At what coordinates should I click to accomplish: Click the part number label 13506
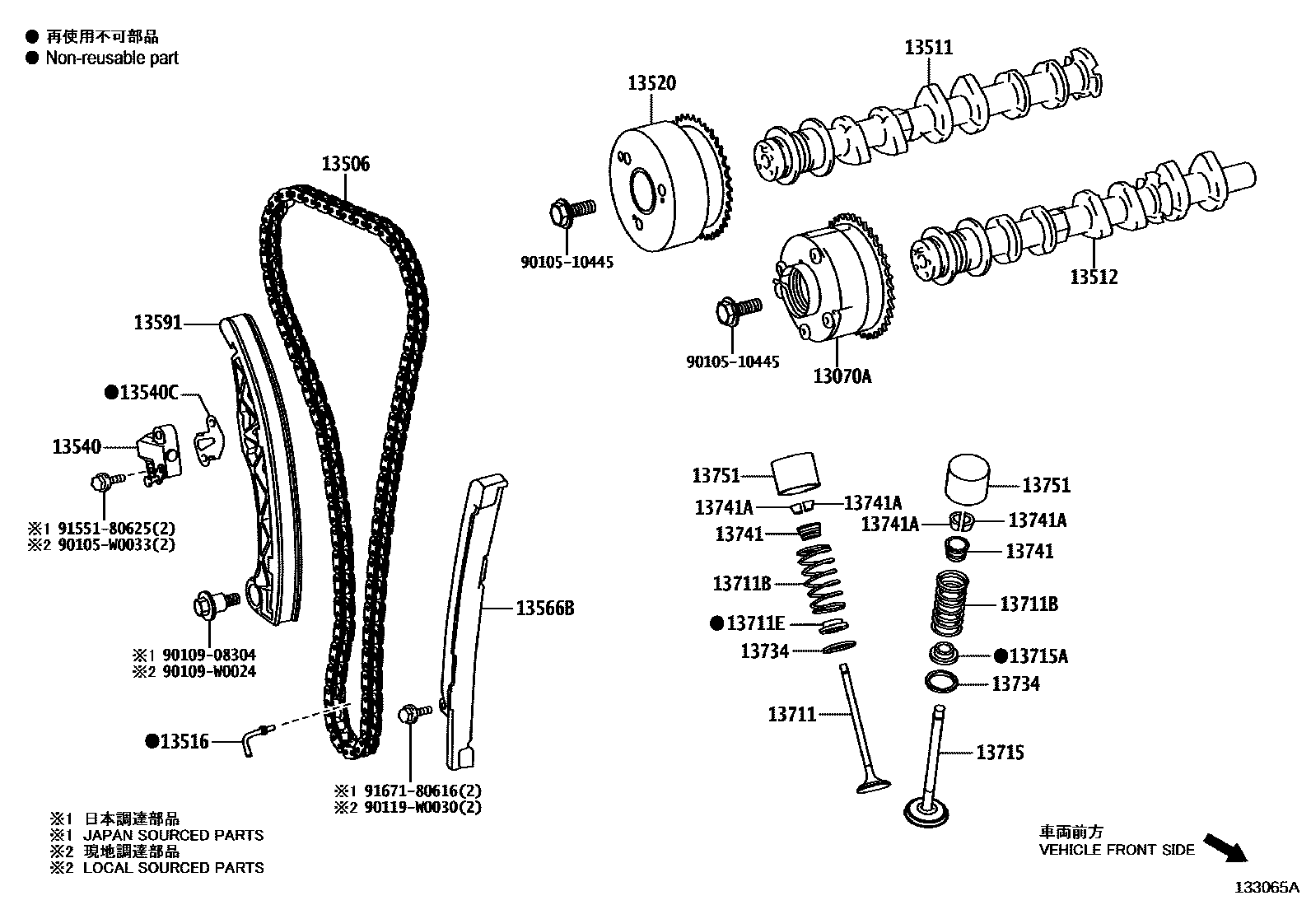[345, 164]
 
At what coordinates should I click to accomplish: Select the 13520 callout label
[651, 83]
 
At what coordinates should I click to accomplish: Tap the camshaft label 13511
[928, 47]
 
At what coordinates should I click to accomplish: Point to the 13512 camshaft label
[1094, 277]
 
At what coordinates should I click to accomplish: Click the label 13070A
[842, 376]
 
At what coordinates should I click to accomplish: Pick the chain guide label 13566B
[544, 609]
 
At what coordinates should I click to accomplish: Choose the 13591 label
[157, 323]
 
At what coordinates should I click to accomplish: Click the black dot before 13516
[152, 741]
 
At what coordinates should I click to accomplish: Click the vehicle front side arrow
[1225, 847]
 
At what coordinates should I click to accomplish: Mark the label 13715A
[1038, 655]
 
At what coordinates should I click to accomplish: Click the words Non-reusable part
[112, 58]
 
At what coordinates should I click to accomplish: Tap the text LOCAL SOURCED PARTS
[173, 867]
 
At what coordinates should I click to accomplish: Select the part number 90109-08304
[208, 655]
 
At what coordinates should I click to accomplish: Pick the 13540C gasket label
[149, 393]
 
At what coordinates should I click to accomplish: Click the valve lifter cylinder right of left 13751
[797, 469]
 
